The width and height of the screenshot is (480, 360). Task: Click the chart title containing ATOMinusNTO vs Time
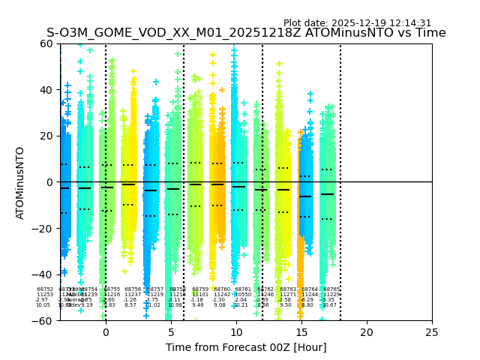click(246, 33)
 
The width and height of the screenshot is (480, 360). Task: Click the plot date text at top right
click(357, 23)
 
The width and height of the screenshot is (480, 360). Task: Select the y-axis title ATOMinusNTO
click(21, 182)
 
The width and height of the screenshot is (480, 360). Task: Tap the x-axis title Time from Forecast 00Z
click(246, 347)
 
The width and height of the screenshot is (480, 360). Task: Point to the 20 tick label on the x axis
click(367, 332)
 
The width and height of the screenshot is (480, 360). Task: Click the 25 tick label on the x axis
click(432, 332)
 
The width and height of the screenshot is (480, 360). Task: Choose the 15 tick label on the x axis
click(301, 332)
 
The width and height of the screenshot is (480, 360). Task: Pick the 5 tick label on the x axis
click(171, 332)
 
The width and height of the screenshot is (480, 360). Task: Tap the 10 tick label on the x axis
click(236, 332)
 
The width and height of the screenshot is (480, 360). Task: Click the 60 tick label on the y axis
click(46, 43)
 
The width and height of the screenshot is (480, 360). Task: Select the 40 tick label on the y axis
click(46, 90)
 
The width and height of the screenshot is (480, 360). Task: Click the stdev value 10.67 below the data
click(329, 305)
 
